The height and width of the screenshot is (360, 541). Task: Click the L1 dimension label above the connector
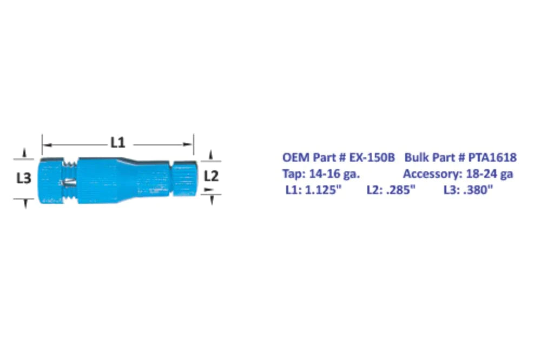118,143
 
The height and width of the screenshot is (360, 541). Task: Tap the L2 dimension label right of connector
211,176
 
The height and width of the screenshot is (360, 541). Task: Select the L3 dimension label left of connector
23,178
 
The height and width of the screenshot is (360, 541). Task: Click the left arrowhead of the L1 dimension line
45,144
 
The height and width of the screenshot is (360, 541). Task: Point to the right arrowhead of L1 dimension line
190,144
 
